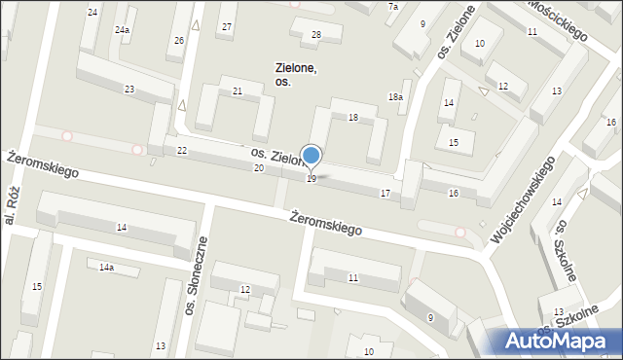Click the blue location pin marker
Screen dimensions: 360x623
311,156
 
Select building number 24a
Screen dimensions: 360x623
122,30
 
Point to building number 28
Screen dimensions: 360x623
315,35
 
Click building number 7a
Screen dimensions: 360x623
393,7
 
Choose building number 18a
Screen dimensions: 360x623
395,97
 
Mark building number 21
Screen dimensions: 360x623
238,91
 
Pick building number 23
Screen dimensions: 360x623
129,90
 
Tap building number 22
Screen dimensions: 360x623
182,151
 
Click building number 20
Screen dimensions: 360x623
258,168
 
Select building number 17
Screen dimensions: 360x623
385,195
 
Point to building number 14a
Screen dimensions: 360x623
105,267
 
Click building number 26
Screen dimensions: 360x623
179,41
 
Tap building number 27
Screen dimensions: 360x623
227,26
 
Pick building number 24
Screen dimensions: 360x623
92,12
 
